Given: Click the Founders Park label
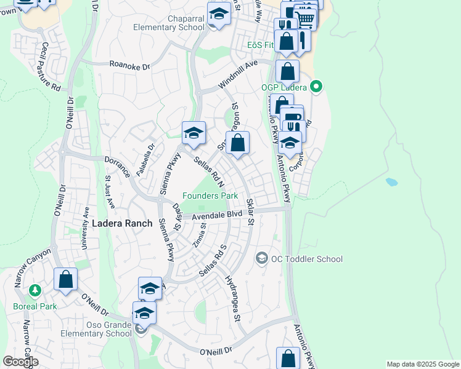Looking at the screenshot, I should pyautogui.click(x=210, y=196).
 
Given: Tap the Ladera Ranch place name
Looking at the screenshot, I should pyautogui.click(x=122, y=224).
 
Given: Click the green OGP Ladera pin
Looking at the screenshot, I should pyautogui.click(x=317, y=87).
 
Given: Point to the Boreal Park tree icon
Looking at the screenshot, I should pyautogui.click(x=36, y=290).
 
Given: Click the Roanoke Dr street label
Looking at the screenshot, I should pyautogui.click(x=129, y=63).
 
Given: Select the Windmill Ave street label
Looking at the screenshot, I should pyautogui.click(x=237, y=75).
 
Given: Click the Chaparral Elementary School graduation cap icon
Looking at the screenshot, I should pyautogui.click(x=219, y=14).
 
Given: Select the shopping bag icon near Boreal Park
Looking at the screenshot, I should pyautogui.click(x=65, y=279).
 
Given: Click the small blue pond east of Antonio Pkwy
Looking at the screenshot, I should pyautogui.click(x=391, y=182).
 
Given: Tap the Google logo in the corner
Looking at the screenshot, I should pyautogui.click(x=20, y=362).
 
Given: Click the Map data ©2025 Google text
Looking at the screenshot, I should pyautogui.click(x=423, y=364).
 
